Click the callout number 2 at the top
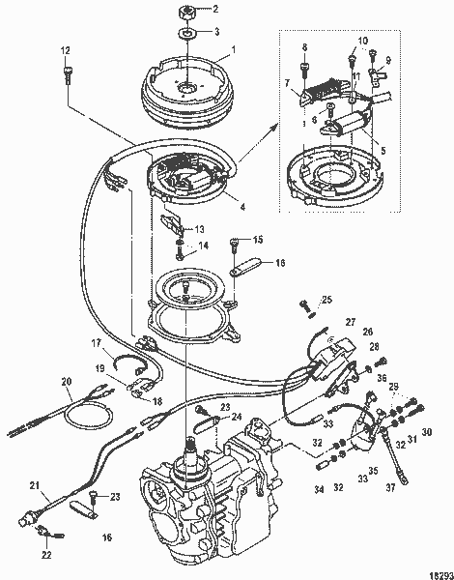tap(215, 11)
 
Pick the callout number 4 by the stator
tap(241, 207)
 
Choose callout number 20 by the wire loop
tap(67, 380)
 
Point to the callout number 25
tap(326, 299)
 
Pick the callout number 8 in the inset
tap(305, 46)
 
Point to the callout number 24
tap(237, 417)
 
